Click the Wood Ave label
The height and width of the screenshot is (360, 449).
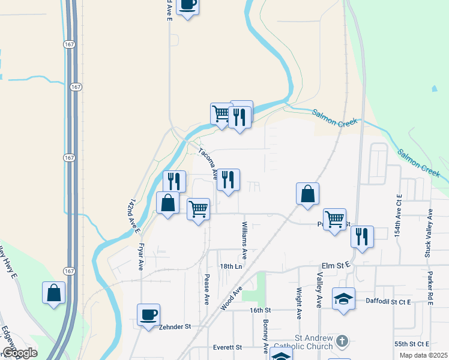point(231,298)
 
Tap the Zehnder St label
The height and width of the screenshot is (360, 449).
point(175,327)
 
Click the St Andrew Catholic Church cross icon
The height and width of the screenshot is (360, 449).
point(342,341)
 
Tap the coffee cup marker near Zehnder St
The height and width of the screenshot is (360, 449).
point(148,314)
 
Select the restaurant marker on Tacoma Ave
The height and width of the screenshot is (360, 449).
point(228,179)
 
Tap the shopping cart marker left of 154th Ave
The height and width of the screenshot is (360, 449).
point(334,218)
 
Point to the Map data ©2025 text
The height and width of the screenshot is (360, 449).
point(424,355)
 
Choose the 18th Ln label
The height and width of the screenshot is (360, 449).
point(231,266)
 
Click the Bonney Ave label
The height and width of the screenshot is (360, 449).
point(265,336)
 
